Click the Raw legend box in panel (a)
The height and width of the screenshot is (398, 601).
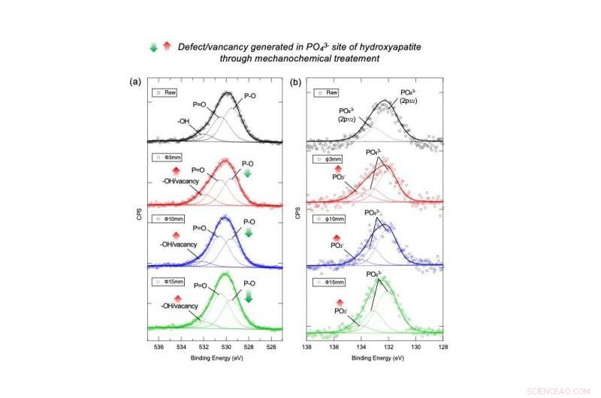click(x=168, y=92)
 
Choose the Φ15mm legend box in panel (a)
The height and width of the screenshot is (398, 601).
click(x=171, y=280)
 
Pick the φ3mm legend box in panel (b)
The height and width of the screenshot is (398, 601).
click(x=328, y=159)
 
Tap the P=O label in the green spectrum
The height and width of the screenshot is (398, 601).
click(x=200, y=285)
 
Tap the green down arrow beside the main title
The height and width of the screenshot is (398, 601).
click(x=154, y=47)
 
